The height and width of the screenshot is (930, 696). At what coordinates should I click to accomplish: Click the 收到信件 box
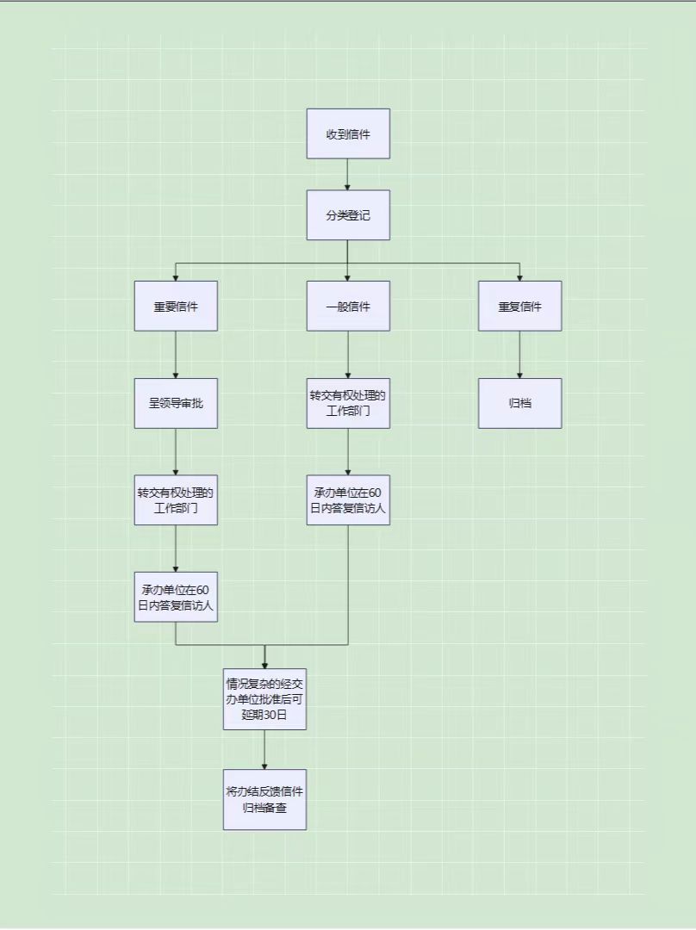[348, 133]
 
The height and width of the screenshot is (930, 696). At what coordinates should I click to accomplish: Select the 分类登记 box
[348, 214]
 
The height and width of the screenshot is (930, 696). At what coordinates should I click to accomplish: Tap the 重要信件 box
[176, 306]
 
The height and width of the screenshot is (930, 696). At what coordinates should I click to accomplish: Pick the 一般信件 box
[348, 306]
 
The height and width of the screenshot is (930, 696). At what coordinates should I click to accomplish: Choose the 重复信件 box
[519, 306]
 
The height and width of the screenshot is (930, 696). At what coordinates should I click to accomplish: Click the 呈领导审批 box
[176, 403]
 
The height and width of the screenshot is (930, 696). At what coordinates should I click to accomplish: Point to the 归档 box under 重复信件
[519, 403]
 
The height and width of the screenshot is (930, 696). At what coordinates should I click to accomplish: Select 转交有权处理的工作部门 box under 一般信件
[348, 403]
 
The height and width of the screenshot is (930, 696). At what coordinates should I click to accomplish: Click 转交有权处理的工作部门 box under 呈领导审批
[176, 500]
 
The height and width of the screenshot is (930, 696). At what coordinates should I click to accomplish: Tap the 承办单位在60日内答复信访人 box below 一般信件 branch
[348, 500]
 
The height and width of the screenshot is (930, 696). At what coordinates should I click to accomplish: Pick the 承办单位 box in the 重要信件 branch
[176, 598]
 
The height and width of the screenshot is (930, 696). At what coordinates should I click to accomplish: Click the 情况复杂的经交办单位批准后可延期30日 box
[264, 699]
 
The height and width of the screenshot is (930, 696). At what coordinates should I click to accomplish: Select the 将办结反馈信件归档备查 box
[264, 799]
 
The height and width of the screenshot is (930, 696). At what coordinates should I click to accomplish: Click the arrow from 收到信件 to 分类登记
[348, 174]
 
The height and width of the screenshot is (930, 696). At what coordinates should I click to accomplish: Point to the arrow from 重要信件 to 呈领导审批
[176, 355]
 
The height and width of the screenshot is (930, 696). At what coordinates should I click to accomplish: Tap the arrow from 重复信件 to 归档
[519, 355]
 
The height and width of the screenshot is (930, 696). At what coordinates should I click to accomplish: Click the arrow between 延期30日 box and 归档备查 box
[264, 750]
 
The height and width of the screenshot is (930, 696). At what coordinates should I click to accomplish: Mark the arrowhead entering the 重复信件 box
[519, 277]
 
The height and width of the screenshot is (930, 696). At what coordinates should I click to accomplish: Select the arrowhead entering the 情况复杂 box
[264, 666]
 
